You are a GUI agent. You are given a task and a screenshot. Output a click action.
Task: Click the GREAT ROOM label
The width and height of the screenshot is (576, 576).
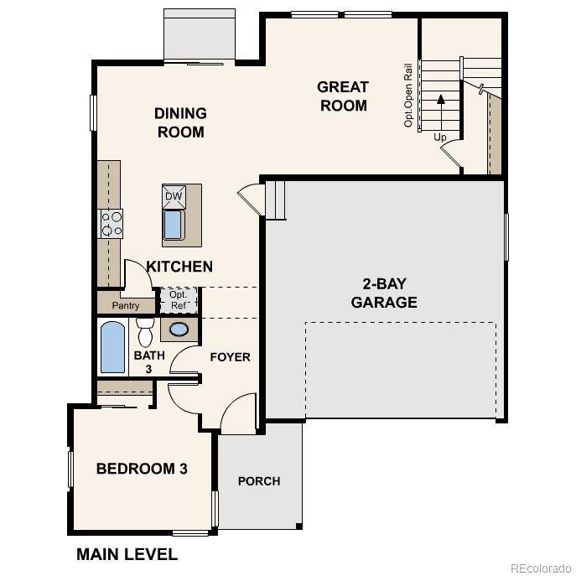tap(342, 96)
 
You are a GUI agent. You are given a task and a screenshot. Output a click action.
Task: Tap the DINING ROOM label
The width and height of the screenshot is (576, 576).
tap(180, 122)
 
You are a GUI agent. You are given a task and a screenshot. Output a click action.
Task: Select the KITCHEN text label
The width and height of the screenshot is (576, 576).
tap(179, 267)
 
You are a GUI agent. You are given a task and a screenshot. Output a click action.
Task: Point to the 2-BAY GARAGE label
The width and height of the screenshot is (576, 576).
tap(384, 293)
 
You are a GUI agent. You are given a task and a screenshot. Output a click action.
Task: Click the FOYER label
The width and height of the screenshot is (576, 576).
tap(230, 357)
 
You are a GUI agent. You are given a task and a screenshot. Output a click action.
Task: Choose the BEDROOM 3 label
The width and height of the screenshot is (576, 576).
tap(141, 469)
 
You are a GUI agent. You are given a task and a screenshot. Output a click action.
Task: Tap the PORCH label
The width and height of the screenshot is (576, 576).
tap(259, 481)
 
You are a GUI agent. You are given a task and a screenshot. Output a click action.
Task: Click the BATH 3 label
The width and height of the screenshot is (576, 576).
tap(143, 361)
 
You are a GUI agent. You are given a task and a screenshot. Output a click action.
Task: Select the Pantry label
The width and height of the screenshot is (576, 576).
tap(126, 306)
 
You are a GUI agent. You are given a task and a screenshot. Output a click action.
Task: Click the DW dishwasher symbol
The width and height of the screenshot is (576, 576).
tap(174, 196)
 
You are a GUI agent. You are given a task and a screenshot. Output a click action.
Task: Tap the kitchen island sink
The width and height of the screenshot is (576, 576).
tap(174, 225)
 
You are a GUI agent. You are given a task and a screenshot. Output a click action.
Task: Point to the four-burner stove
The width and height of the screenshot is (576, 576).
tap(112, 223)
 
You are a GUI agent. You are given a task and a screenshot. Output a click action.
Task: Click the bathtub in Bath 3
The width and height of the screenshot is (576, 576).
tap(112, 348)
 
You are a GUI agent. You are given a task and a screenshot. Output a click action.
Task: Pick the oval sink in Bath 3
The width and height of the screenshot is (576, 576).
tap(179, 330)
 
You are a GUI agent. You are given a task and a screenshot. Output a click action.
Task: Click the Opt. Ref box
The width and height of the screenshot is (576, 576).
tap(178, 300)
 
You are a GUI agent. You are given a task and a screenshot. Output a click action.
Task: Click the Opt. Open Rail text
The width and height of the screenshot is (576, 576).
tap(409, 94)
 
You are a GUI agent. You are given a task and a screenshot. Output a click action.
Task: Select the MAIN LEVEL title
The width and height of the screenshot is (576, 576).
tap(127, 554)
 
